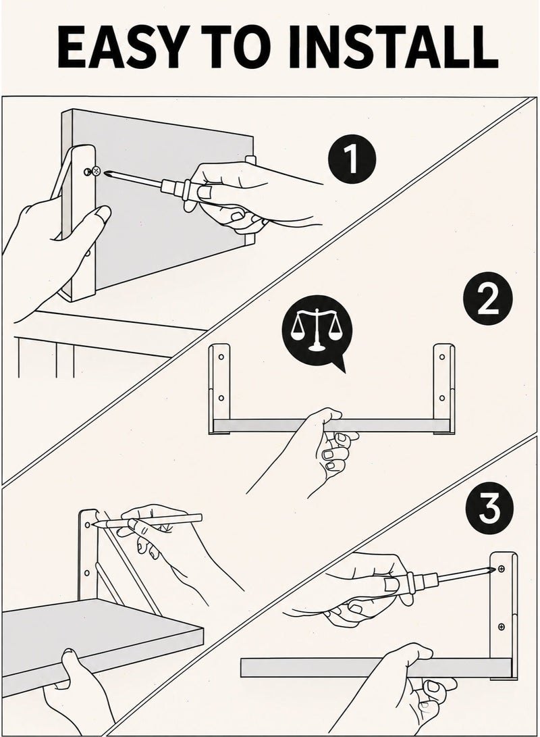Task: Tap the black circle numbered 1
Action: coord(352,159)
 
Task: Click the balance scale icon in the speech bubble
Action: coord(315,329)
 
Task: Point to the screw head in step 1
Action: coord(96,171)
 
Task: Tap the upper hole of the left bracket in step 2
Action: coord(221,357)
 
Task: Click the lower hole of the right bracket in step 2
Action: coord(441,398)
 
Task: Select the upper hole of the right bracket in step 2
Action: coord(441,357)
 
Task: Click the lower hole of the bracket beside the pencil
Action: coord(86,573)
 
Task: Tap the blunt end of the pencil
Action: coord(199,517)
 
